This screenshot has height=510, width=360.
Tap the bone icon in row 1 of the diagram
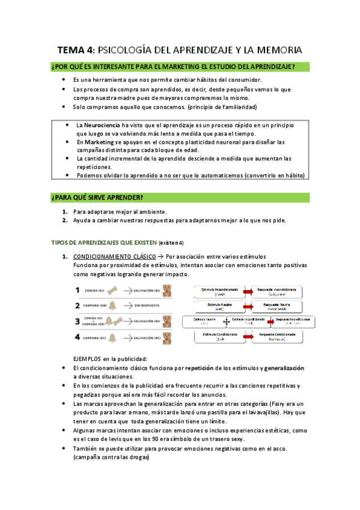[113, 290]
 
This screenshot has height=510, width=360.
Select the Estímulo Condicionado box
[219, 336]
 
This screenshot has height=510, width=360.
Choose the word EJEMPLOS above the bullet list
[88, 358]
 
